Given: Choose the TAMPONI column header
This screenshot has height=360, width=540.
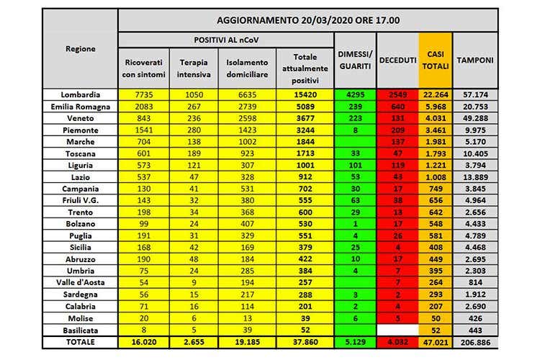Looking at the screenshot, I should point(474,60).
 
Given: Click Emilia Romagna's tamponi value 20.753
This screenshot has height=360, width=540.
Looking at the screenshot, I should point(474,105).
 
